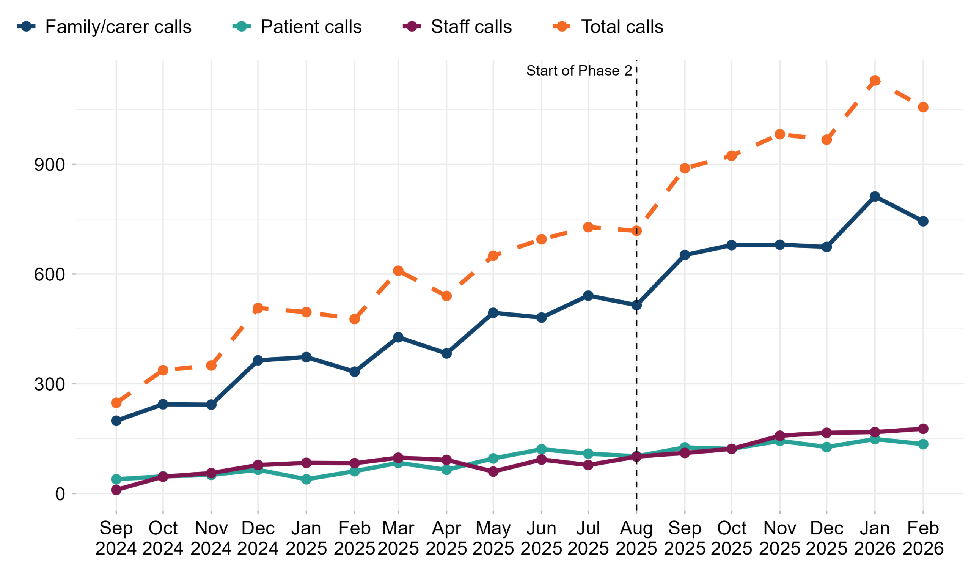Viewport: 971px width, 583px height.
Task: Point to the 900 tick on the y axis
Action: coord(50,165)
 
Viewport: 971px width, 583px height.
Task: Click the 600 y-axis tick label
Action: coord(50,274)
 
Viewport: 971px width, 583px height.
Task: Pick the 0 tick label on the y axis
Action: coord(60,494)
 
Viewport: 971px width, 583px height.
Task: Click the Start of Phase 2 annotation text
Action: coord(579,71)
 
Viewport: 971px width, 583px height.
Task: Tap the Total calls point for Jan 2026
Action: coord(875,80)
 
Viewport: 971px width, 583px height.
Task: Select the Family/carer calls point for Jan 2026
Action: coord(875,197)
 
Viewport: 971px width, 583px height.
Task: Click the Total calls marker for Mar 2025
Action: coord(398,271)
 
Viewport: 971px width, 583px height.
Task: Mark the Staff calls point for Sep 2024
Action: coord(116,490)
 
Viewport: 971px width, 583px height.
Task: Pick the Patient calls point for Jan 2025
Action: coord(306,479)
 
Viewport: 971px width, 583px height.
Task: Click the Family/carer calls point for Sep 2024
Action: coord(116,421)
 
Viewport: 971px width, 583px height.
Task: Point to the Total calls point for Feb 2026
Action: coord(923,107)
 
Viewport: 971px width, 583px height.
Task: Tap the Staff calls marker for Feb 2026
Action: coord(923,429)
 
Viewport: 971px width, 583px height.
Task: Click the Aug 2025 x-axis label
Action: coord(636,539)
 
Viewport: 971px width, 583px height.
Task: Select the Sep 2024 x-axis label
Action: coord(116,539)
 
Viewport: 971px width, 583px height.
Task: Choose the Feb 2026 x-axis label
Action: coord(923,539)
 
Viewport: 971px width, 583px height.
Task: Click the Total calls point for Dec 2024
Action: coord(258,308)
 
